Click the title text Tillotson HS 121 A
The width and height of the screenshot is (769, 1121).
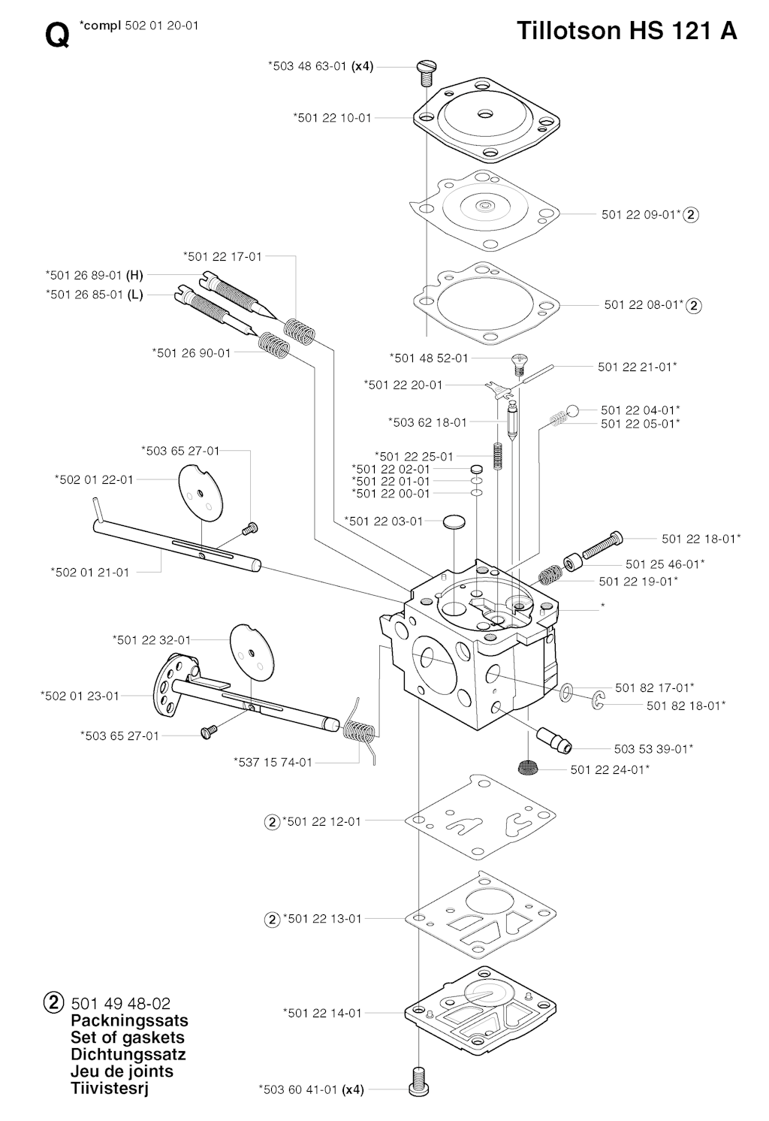coord(626,31)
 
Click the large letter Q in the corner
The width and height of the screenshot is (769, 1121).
coord(57,35)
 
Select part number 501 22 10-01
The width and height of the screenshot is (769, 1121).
coord(332,118)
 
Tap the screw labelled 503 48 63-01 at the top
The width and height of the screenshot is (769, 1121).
coord(425,72)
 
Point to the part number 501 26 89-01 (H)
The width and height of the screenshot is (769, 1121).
coord(94,275)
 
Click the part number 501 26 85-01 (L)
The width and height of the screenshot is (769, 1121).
coord(94,295)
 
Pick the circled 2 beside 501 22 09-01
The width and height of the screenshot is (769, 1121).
coord(692,215)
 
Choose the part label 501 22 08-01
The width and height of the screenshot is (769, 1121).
coord(644,305)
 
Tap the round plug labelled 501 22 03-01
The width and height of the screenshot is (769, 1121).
coord(454,521)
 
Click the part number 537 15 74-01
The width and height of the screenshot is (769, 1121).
coord(273,762)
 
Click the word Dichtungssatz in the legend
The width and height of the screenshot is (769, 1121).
coord(128,1054)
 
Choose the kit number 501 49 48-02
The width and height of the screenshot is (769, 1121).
coord(120,1004)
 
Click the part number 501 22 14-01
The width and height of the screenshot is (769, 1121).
coord(322,1013)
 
